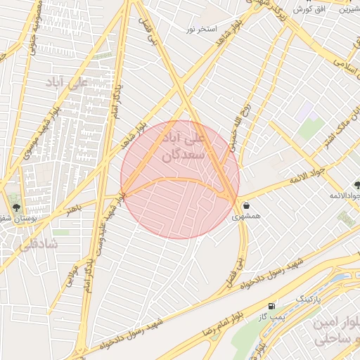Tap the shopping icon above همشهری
point(247,205)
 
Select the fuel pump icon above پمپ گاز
point(272,306)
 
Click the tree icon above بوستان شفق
point(16,208)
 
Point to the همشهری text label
point(247,217)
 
